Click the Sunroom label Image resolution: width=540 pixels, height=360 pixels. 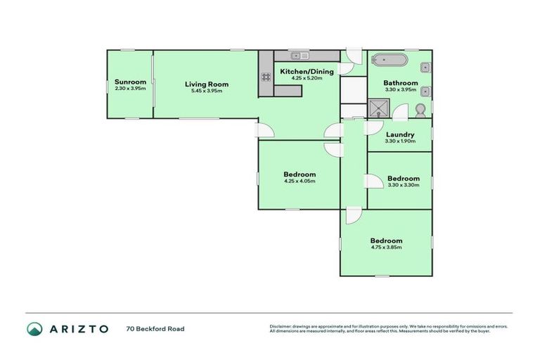pyautogui.click(x=130, y=82)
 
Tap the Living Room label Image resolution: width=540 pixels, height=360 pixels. pyautogui.click(x=207, y=84)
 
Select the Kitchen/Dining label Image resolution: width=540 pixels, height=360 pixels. pyautogui.click(x=307, y=71)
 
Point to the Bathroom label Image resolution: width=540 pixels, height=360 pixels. pyautogui.click(x=401, y=83)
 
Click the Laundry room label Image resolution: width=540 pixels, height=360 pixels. pyautogui.click(x=400, y=134)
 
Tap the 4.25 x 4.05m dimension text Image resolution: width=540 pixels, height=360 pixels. pyautogui.click(x=300, y=181)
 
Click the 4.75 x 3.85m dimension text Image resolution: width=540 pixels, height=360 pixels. pyautogui.click(x=387, y=247)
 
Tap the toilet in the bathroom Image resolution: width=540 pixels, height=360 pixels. pyautogui.click(x=420, y=110)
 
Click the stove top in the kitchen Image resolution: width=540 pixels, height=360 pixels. pyautogui.click(x=266, y=77)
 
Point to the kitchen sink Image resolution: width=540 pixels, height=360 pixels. pyautogui.click(x=297, y=55)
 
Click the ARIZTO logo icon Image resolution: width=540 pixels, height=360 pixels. pyautogui.click(x=34, y=328)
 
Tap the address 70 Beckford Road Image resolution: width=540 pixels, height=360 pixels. pyautogui.click(x=155, y=328)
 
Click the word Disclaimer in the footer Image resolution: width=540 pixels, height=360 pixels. pyautogui.click(x=280, y=326)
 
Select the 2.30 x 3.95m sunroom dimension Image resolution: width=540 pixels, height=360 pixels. pyautogui.click(x=130, y=89)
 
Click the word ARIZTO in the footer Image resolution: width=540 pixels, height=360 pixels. pyautogui.click(x=78, y=328)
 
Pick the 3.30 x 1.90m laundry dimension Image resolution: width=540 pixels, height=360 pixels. pyautogui.click(x=400, y=141)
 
